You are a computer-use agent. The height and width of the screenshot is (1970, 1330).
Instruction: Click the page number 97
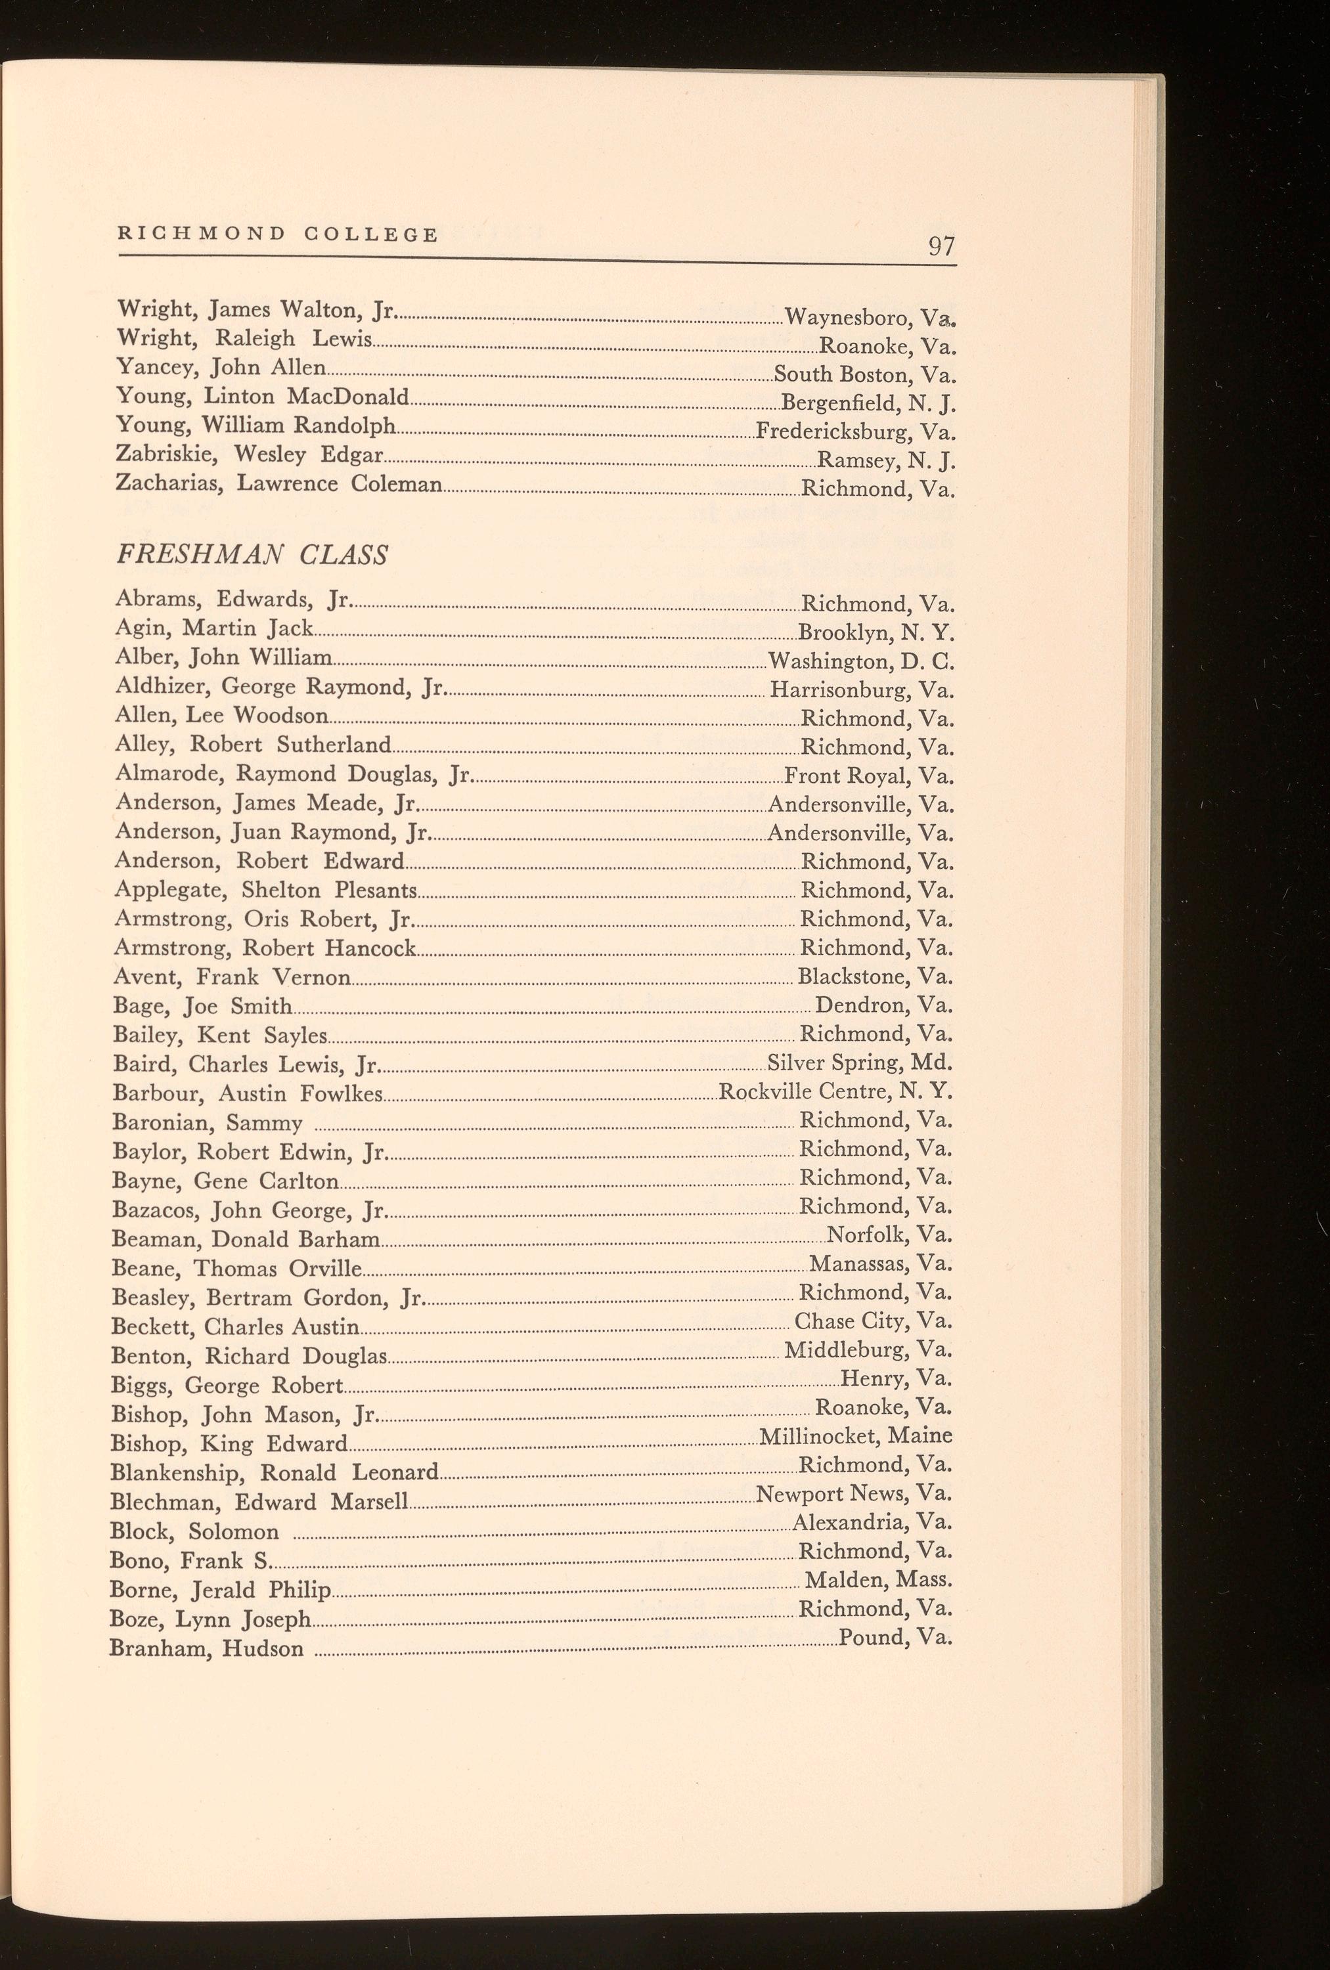(941, 247)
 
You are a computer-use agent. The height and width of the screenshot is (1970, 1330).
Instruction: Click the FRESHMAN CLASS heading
(252, 556)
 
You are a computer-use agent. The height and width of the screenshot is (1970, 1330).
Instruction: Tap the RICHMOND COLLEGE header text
(278, 235)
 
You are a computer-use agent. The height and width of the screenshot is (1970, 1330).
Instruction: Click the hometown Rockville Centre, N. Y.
(835, 1091)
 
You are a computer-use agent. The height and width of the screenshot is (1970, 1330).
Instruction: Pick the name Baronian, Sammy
(207, 1123)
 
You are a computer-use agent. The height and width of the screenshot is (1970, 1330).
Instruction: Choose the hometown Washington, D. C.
(860, 661)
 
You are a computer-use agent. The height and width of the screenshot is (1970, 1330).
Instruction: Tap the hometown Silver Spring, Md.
(858, 1062)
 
